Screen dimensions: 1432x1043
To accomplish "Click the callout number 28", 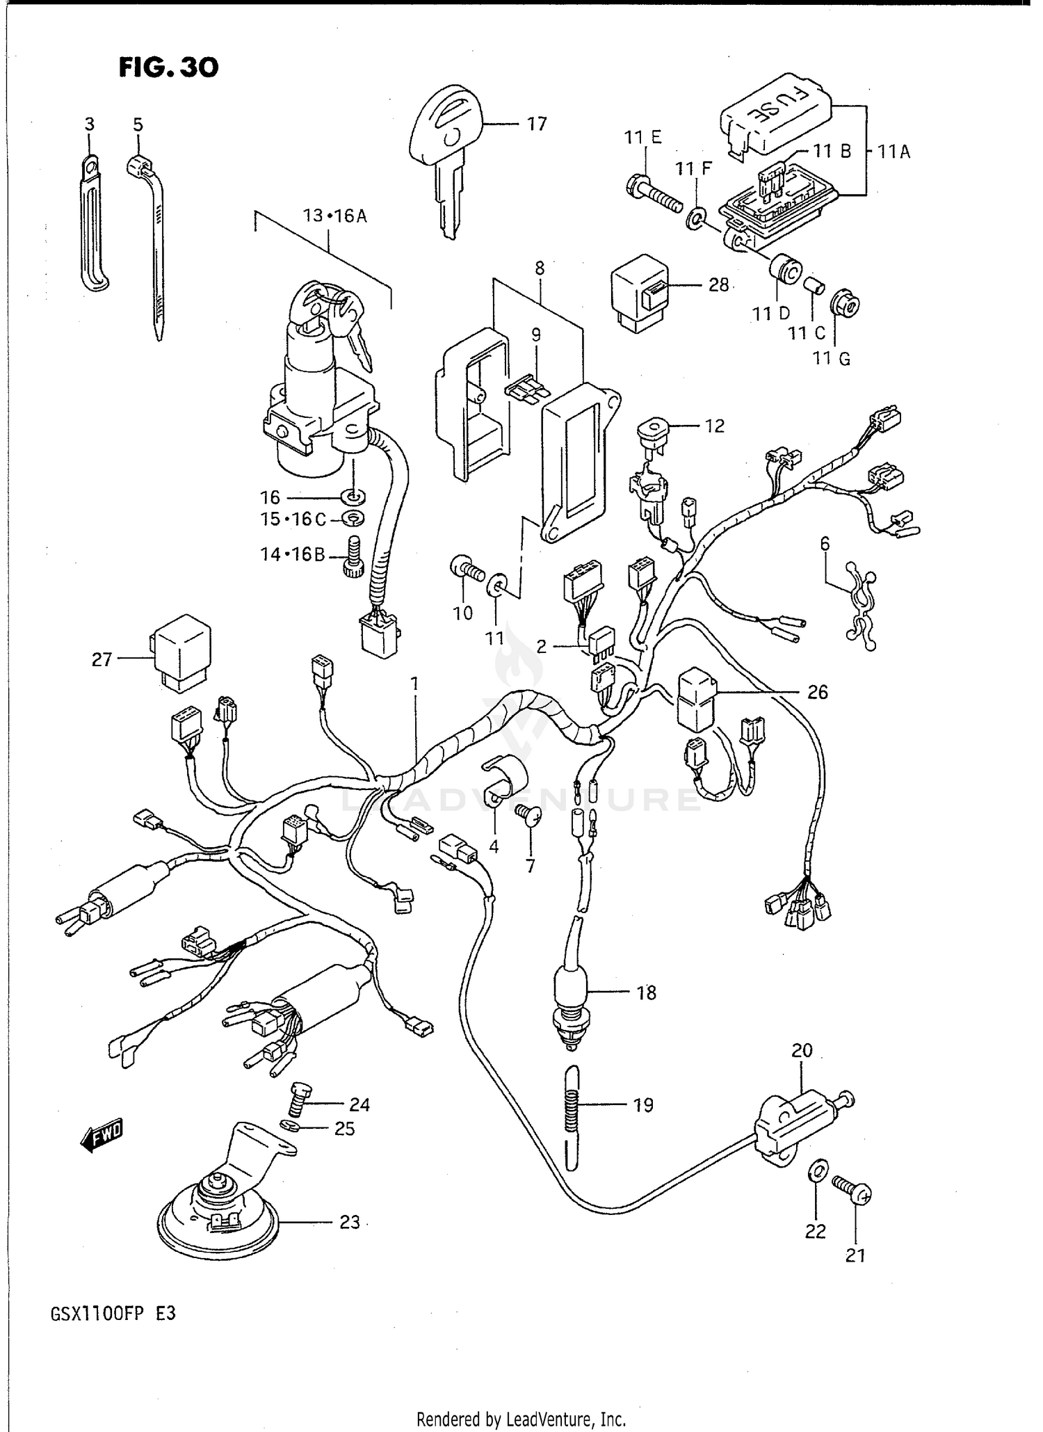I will point(718,284).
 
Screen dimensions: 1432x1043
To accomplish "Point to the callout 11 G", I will point(832,358).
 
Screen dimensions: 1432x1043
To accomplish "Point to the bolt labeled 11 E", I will point(656,195).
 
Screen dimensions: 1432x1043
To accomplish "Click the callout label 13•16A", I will point(334,216).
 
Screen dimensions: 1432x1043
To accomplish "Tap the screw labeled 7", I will point(529,816).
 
